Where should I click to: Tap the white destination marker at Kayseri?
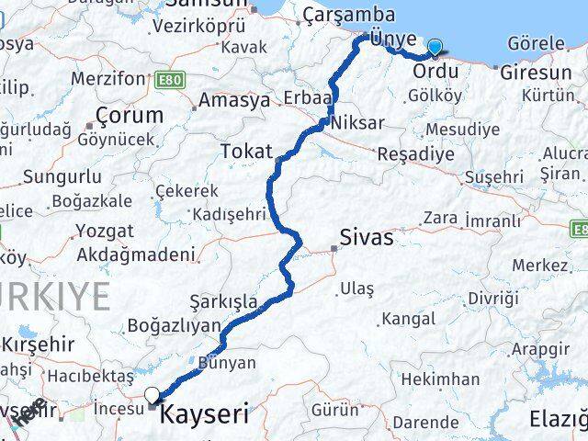(152, 395)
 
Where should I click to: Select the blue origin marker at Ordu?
(434, 49)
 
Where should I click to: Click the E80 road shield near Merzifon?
(170, 80)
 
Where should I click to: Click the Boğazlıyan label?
(174, 325)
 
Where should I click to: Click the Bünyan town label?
(226, 363)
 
